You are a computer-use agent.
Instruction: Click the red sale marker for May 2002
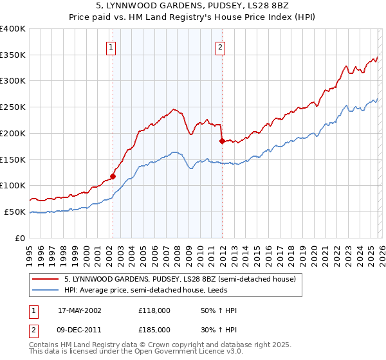coord(113,175)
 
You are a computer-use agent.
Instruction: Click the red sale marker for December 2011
coord(221,140)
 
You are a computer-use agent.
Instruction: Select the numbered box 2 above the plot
coord(221,46)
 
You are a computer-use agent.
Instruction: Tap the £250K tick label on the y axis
coord(13,107)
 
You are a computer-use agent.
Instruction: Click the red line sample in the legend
coord(46,280)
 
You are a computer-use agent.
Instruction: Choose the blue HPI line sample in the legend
coord(46,291)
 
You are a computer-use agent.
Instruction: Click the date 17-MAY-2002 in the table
coord(79,310)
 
